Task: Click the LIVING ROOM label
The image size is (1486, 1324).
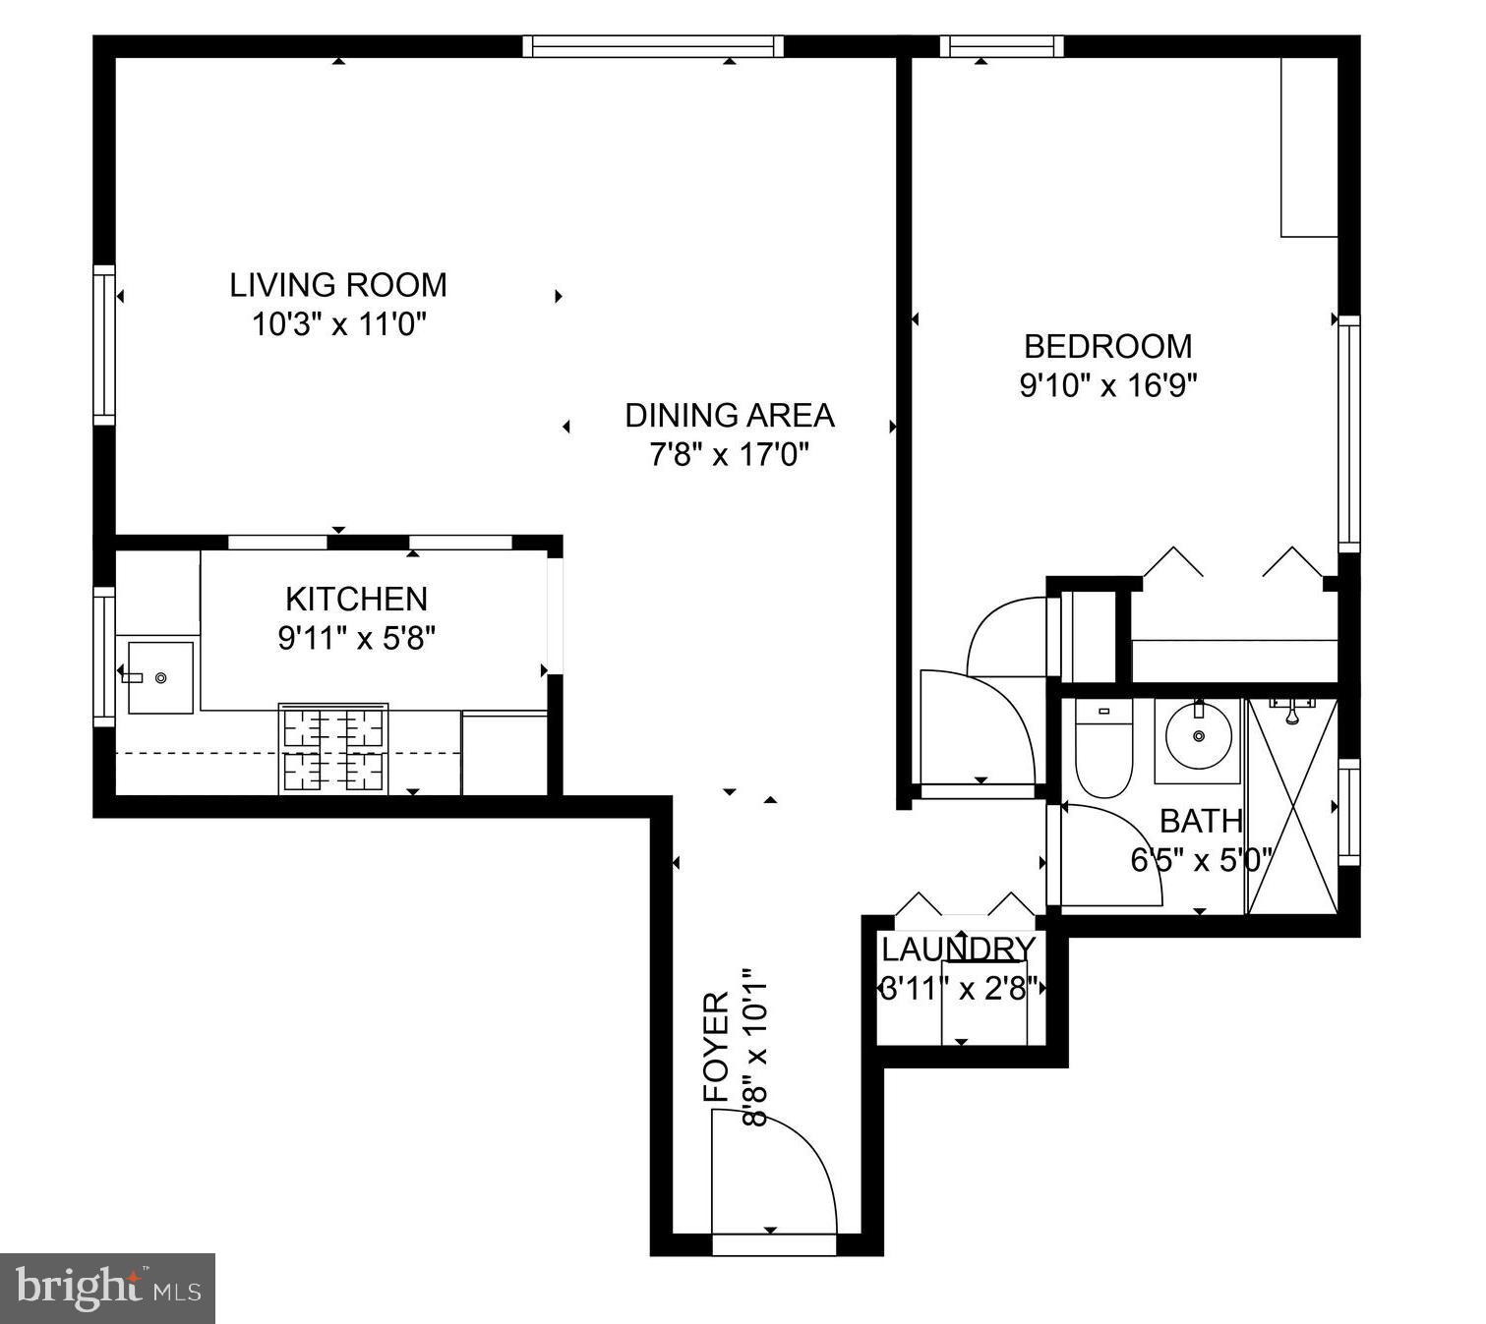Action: coord(338,285)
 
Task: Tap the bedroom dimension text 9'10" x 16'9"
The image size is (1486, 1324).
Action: coord(1107,385)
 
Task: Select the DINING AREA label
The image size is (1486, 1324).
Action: coord(729,416)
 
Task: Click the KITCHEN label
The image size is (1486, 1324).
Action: coord(356,599)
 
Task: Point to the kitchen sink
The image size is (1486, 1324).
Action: coord(160,677)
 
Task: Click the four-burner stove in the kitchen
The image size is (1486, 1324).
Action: coord(333,748)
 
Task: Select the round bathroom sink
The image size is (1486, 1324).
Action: coord(1197,736)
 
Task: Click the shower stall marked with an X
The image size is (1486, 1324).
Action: coord(1292,806)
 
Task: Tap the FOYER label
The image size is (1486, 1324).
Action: coord(716,1047)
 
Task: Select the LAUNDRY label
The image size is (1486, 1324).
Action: coord(958,950)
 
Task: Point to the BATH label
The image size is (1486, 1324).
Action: coord(1200,821)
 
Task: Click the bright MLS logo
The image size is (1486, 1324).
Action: coord(108,1288)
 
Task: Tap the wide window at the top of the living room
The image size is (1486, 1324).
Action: coord(653,46)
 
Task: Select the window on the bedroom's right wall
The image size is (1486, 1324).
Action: coord(1348,433)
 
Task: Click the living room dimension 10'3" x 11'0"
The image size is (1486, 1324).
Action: coord(338,324)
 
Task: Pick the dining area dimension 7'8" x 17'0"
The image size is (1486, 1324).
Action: coord(729,455)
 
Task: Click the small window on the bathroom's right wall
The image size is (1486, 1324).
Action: coord(1348,812)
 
